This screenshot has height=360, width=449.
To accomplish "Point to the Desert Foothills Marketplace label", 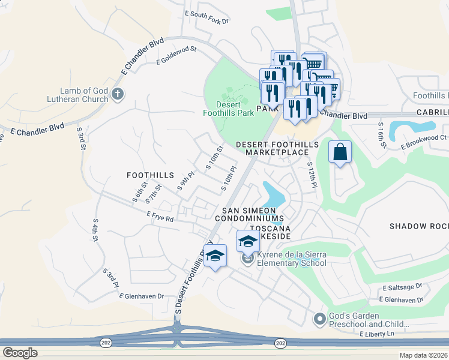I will point(272,148).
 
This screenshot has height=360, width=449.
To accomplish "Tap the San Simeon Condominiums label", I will point(249,214).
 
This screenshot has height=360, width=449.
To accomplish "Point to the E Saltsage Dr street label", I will point(402,288).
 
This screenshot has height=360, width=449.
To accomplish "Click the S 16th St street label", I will point(381,132).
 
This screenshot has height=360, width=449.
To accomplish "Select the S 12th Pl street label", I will point(311,175).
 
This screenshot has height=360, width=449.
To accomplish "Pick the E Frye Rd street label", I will point(160,216).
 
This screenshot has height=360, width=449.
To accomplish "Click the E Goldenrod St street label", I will point(176,58).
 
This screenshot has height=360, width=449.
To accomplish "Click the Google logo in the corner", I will point(19,353).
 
